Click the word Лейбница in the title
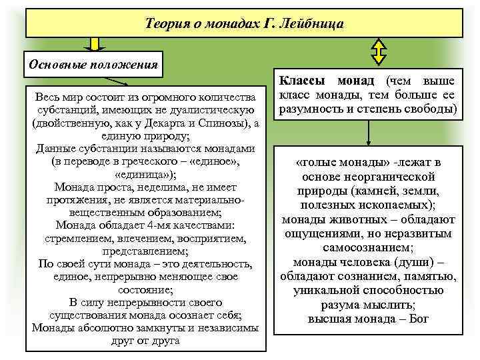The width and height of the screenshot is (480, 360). coord(313,25)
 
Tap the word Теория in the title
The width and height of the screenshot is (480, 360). coord(167,25)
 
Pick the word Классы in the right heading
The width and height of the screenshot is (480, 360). coord(302,81)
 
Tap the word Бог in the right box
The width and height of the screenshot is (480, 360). coord(420,318)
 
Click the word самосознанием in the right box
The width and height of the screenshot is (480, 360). coord(368,247)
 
